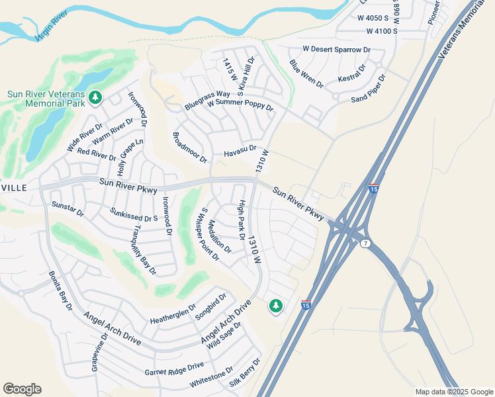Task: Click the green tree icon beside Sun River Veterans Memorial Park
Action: coord(95,98)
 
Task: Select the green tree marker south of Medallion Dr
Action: coord(276,306)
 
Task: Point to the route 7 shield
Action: coord(366,243)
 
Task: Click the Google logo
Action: coord(22,389)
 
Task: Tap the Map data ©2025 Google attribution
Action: coord(453,392)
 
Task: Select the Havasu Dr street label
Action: coord(240,153)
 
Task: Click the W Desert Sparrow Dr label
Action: coord(336,50)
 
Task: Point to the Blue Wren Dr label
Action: coord(306,73)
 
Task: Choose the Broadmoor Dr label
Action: coord(189,148)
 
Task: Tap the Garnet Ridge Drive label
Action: coord(175,369)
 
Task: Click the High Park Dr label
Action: coord(242,219)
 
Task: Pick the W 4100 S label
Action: coord(377,31)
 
